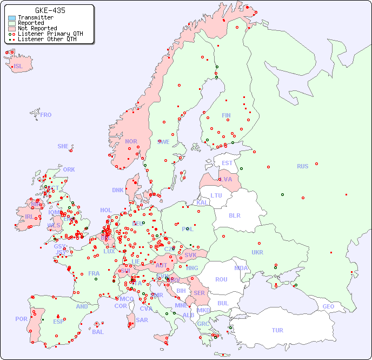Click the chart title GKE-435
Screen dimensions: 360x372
tap(50, 10)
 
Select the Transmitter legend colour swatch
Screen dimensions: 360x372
tap(12, 18)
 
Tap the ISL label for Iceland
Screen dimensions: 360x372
tap(18, 67)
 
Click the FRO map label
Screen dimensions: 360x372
tap(46, 115)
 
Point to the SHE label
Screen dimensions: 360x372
tap(63, 146)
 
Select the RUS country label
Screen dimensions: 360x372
tap(302, 166)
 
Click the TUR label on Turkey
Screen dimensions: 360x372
tap(277, 330)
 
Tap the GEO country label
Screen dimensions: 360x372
tap(328, 306)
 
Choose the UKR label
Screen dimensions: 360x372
tap(257, 252)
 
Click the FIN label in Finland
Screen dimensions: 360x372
tap(226, 115)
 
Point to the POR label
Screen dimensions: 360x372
tap(21, 319)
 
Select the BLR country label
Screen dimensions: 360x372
tap(234, 215)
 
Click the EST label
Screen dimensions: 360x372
tap(227, 163)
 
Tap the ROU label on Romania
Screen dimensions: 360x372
tap(221, 279)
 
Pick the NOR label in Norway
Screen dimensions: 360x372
tap(131, 141)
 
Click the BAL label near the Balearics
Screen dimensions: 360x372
tap(97, 332)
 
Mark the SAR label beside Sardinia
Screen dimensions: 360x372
tap(142, 320)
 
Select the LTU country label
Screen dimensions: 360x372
tap(216, 195)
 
